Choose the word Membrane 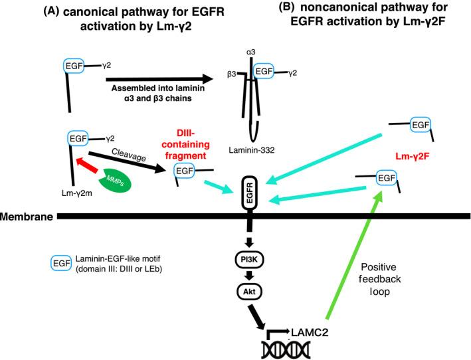[26, 217]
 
